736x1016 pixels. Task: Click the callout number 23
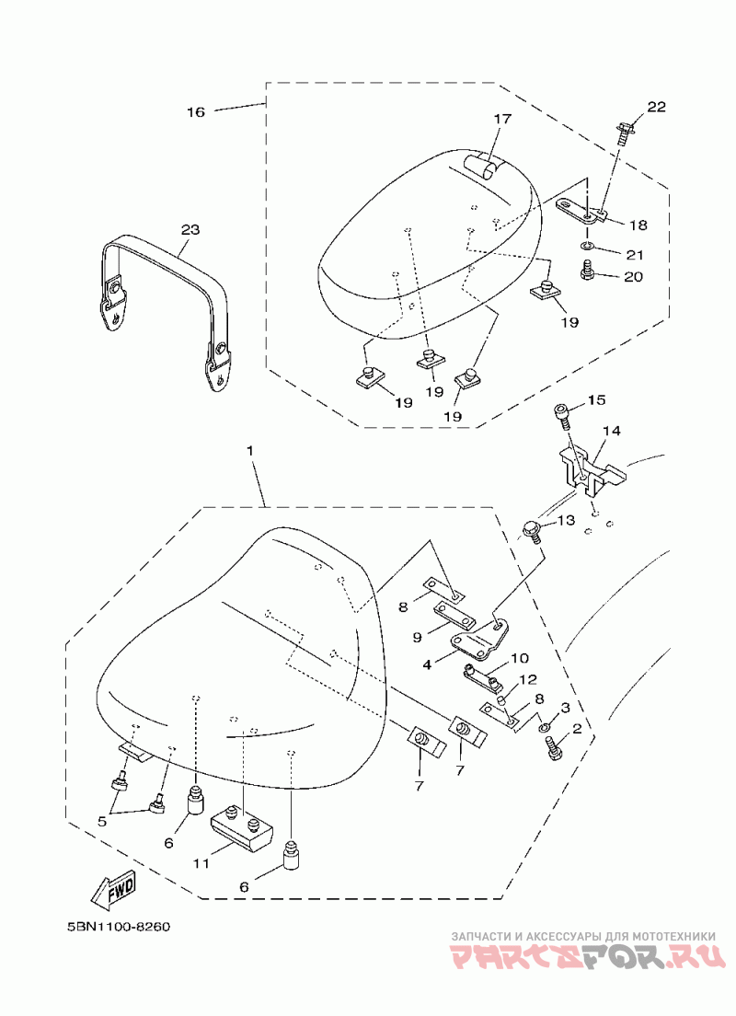coord(190,228)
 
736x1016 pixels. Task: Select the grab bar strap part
coord(166,294)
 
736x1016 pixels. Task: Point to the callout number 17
coord(500,119)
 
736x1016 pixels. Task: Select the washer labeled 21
coord(587,247)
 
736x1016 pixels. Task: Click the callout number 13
coord(565,521)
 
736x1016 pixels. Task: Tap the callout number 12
coord(528,679)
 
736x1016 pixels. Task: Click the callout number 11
coord(201,863)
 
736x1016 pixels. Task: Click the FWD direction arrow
coord(113,888)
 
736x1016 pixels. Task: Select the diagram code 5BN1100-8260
coord(119,925)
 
